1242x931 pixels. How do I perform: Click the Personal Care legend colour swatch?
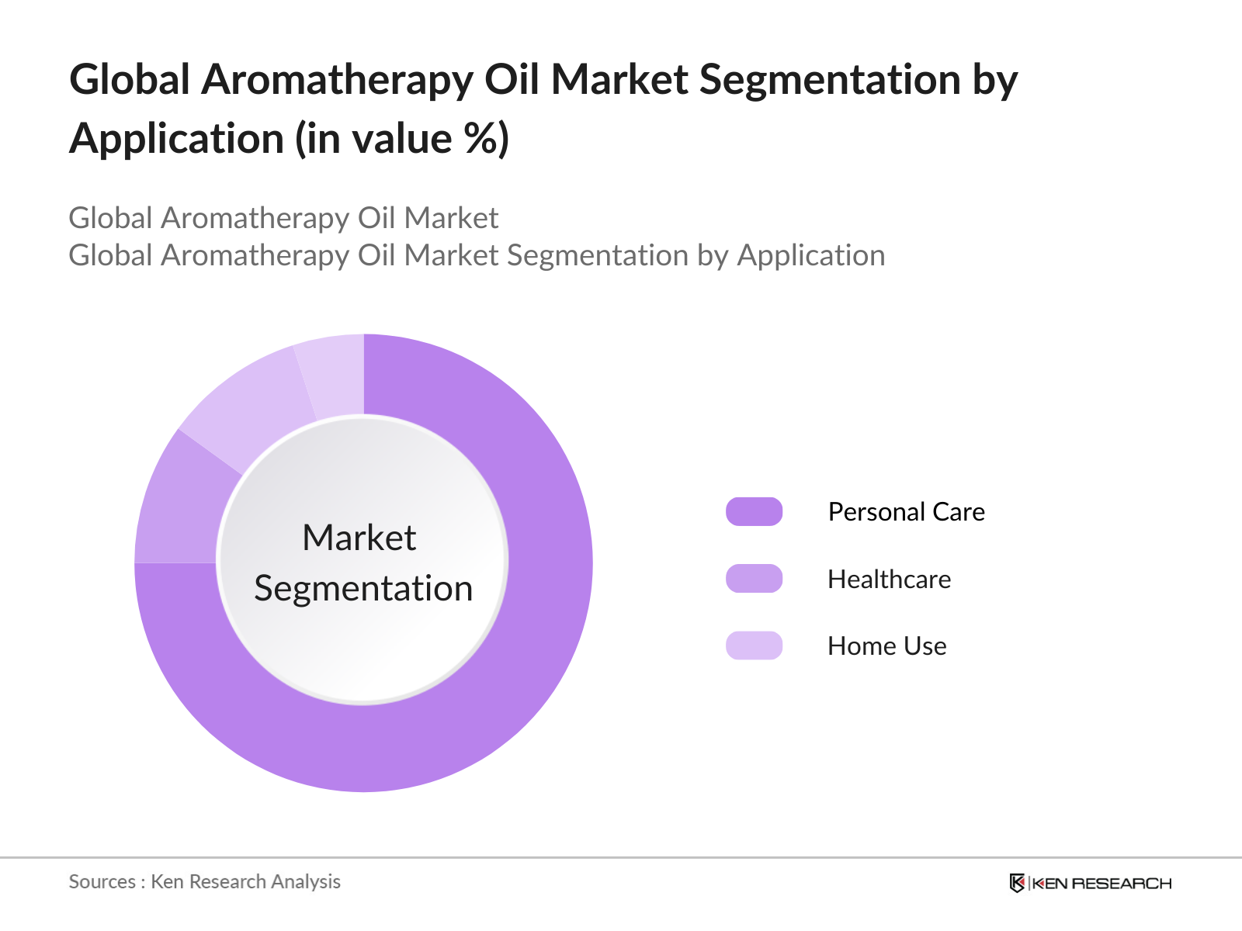coord(754,512)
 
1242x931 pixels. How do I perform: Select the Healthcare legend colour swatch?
coord(754,579)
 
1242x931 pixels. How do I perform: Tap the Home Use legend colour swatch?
coord(754,645)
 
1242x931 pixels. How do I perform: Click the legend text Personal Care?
coord(906,512)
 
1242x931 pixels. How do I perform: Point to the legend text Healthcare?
coord(889,580)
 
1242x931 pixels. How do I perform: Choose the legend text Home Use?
coord(886,646)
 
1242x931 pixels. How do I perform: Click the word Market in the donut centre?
coord(359,538)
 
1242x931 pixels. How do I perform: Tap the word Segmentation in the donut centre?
coord(363,588)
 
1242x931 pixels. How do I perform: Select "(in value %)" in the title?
coord(401,140)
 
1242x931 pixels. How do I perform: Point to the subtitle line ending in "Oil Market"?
coord(283,218)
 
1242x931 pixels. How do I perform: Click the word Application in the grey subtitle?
coord(810,255)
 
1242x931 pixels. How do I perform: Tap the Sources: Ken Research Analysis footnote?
coord(204,881)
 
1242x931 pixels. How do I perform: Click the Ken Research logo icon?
coord(1017,883)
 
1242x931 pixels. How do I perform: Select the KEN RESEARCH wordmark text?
coord(1102,883)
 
